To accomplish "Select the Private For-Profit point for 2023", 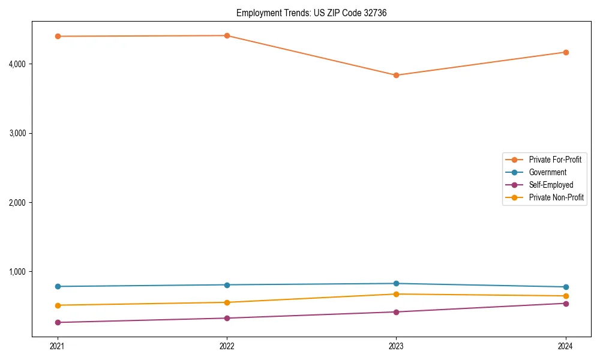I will pos(396,75).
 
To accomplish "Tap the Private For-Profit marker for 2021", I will pos(58,36).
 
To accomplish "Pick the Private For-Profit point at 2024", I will pos(565,52).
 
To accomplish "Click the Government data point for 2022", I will pos(227,285).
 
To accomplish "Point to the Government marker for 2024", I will pos(565,287).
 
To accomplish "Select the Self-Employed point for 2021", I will pos(58,322).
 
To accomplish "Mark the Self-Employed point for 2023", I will pos(396,312).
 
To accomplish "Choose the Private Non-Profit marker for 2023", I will pos(396,294).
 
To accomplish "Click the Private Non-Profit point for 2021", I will pos(58,305).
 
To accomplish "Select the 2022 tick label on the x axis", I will pos(227,346).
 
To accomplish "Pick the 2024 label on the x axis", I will pos(565,346).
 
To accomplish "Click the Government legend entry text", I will pos(547,172).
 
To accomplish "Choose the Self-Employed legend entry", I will pos(551,185).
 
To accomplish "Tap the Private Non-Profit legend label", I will pos(556,197).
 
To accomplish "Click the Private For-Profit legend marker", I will pos(515,160).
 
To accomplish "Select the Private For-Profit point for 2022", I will pos(227,35).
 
